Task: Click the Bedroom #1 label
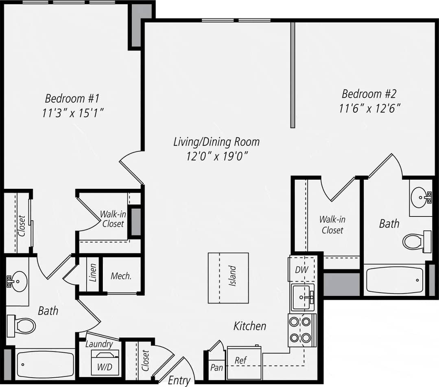tap(72, 98)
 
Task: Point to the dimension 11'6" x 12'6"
tap(370, 109)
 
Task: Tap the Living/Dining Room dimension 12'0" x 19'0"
tap(217, 156)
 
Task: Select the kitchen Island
tap(228, 278)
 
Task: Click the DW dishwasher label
tap(301, 269)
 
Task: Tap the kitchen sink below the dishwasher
tap(302, 297)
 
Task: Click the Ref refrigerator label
tap(240, 361)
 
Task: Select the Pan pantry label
tap(216, 368)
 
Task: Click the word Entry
tap(179, 380)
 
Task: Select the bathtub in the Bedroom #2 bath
tap(393, 280)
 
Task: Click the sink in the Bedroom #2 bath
tap(420, 197)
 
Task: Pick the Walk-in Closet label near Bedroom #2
tap(332, 225)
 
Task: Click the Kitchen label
tap(250, 326)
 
